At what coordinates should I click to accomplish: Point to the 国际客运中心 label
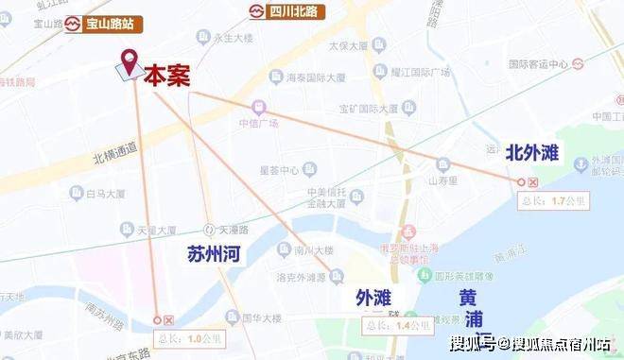538,64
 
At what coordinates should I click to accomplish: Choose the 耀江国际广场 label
421,72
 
